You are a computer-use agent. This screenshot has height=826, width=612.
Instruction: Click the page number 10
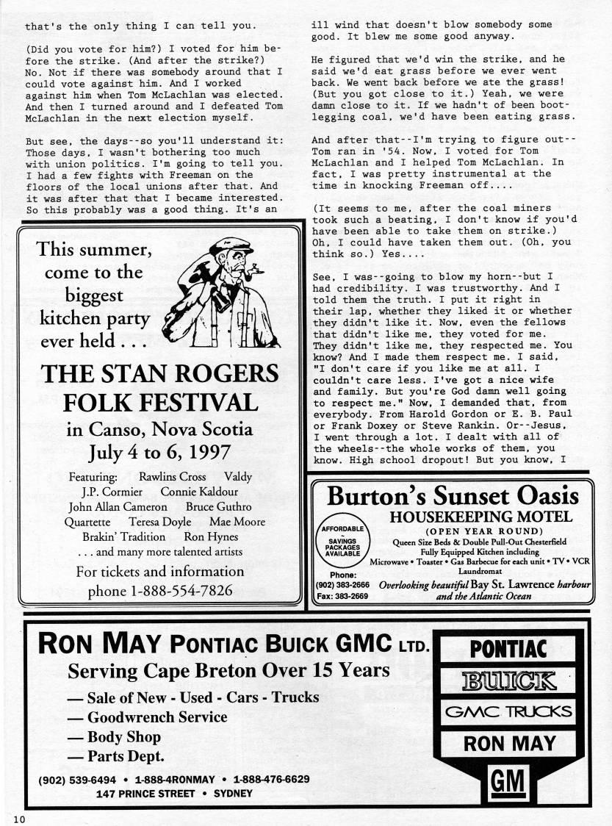click(17, 818)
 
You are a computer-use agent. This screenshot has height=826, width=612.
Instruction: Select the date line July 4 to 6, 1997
click(159, 450)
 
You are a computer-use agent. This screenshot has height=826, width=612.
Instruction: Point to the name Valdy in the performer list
click(237, 477)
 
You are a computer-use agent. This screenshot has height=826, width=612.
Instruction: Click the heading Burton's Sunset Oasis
click(453, 496)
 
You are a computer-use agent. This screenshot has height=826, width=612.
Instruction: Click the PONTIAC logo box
click(508, 649)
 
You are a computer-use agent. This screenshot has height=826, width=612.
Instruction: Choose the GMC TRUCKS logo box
click(508, 712)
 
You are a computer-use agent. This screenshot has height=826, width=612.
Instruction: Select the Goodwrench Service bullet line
click(147, 717)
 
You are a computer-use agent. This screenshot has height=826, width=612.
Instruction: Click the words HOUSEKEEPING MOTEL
click(480, 517)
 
